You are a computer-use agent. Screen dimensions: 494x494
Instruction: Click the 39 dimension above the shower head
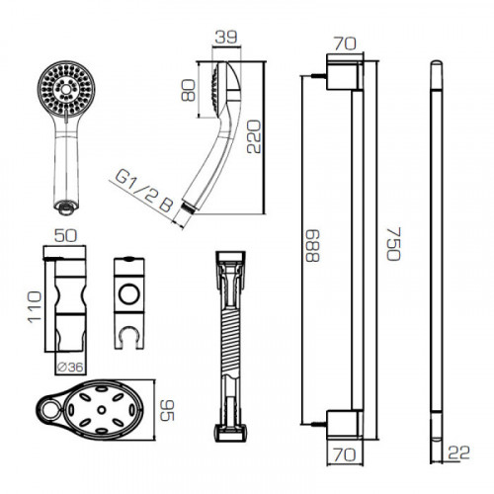(x=226, y=38)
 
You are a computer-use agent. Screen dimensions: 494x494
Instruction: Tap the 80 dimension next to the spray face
(x=189, y=90)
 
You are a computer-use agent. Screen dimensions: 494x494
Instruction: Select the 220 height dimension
(x=254, y=136)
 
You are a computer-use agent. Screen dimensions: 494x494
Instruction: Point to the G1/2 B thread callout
(x=144, y=192)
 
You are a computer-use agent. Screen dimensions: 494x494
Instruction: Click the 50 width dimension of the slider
(x=65, y=236)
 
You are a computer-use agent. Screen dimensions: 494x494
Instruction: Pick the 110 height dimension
(x=35, y=307)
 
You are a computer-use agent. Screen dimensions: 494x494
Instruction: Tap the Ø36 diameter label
(x=70, y=367)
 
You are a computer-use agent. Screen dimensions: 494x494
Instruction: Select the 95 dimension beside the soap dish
(x=167, y=410)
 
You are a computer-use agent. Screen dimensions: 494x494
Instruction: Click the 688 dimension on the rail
(x=312, y=246)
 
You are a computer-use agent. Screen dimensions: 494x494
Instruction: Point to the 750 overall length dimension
(x=393, y=244)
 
